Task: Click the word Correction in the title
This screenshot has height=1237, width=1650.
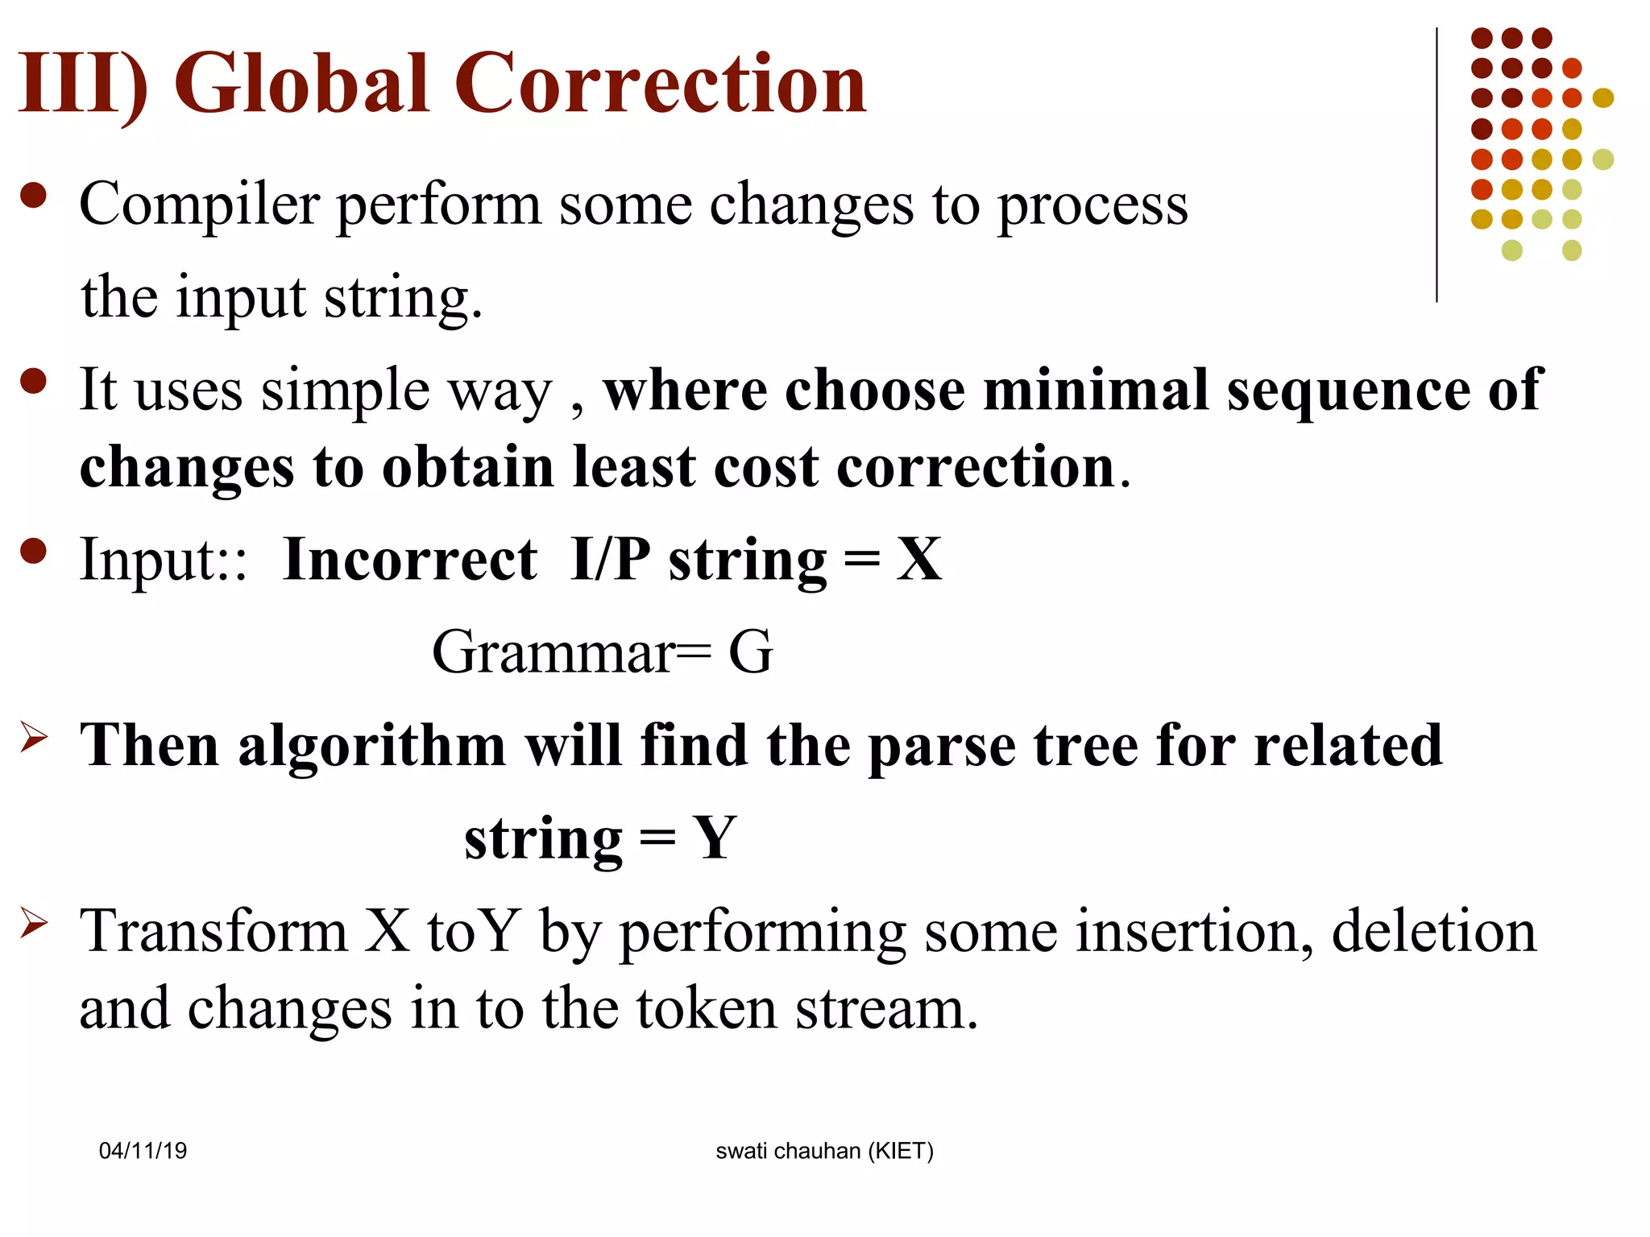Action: [x=660, y=83]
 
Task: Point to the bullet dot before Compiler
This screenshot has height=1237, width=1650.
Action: [x=34, y=196]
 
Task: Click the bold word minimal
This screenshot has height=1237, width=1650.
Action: [x=1096, y=390]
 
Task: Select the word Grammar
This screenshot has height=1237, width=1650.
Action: [x=553, y=652]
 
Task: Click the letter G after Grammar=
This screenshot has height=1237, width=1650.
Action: [x=750, y=652]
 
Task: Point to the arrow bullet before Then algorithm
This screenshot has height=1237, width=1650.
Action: [x=34, y=737]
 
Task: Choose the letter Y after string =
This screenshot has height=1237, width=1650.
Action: [x=715, y=838]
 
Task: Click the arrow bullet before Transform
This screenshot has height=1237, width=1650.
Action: [x=34, y=923]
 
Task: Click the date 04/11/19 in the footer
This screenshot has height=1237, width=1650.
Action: [x=143, y=1151]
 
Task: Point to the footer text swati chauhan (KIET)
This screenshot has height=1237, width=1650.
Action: [x=824, y=1151]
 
